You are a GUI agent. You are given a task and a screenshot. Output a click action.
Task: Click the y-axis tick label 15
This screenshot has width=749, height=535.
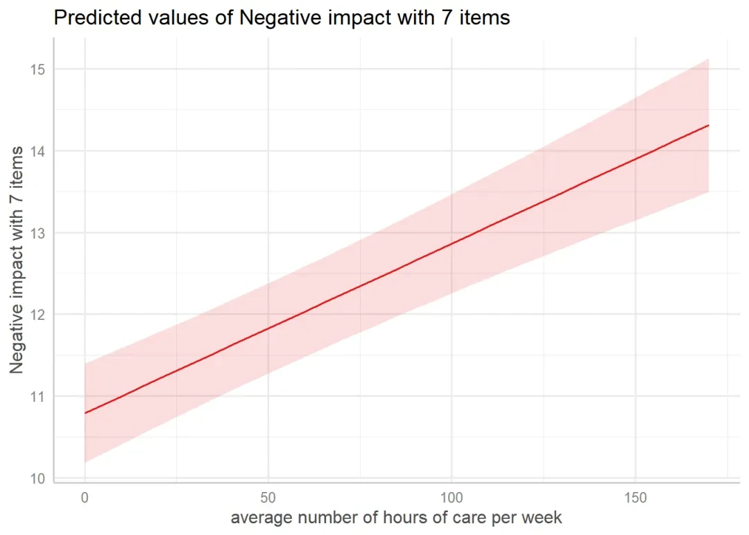pos(37,69)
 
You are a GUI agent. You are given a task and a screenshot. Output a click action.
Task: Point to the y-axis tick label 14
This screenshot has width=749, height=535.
pos(37,151)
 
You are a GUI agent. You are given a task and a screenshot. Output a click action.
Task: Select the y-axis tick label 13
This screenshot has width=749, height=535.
pos(37,232)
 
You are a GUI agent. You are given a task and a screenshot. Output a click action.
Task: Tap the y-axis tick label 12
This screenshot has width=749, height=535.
pos(37,314)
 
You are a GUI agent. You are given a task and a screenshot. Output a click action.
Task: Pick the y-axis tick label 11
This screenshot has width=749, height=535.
pos(37,396)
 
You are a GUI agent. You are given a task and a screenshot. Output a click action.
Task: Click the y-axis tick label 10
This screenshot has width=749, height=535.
pos(37,478)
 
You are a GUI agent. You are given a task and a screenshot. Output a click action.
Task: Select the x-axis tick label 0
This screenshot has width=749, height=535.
pos(85,498)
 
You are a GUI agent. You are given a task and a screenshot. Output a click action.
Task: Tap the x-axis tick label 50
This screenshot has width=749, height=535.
pos(268,498)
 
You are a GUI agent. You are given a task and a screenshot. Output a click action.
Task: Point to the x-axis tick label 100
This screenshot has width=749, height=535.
pos(451,498)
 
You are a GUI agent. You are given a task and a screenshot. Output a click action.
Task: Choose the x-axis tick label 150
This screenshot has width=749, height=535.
pos(635,498)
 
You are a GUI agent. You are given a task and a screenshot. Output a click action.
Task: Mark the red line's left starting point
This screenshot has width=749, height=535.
pos(85,413)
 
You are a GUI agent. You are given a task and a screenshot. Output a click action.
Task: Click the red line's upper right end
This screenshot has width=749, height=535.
pos(708,125)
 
